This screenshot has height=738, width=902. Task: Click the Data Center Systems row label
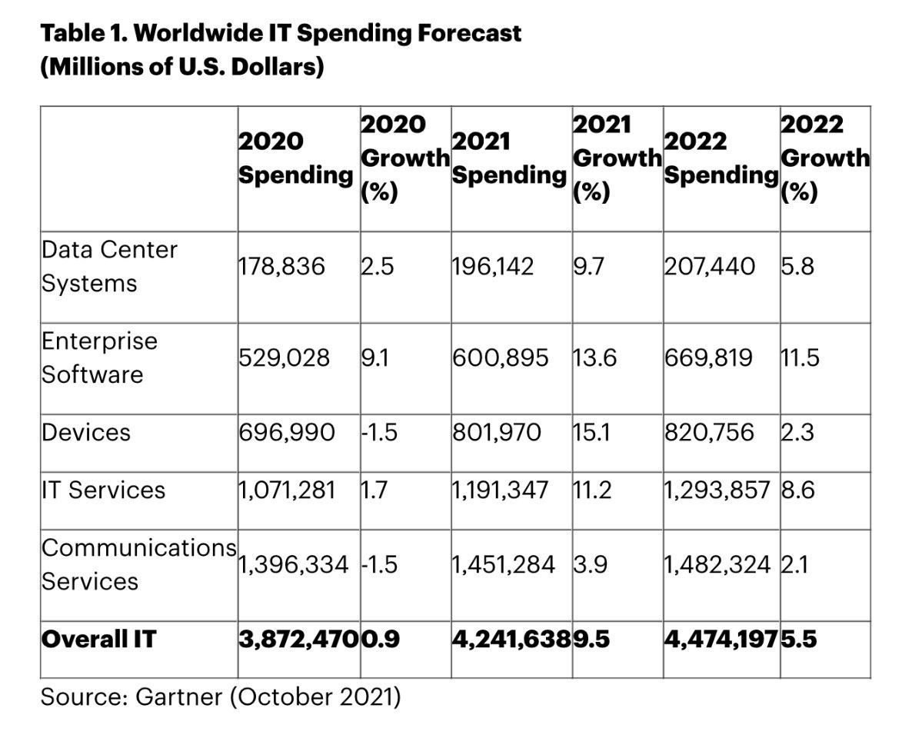(109, 267)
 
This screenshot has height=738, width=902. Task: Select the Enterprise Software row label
(98, 357)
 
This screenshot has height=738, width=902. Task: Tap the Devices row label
(86, 432)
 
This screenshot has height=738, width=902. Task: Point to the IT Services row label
(103, 490)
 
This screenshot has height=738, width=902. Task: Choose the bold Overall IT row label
(98, 639)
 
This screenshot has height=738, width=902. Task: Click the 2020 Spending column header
(295, 158)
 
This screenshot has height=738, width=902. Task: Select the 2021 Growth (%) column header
(617, 158)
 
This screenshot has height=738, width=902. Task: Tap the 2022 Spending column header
(720, 158)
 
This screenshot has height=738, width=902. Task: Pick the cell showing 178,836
(281, 267)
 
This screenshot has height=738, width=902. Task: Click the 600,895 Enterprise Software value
(500, 357)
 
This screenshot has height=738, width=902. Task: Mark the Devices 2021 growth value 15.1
(591, 432)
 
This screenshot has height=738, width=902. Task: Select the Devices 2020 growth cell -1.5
(378, 432)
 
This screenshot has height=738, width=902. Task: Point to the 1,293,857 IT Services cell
(716, 490)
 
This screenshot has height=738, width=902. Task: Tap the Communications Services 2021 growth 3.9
(591, 564)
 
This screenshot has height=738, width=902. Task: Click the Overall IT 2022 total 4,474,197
(721, 639)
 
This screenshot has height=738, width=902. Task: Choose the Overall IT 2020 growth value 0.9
(381, 639)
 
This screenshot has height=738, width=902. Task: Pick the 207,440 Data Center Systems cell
(709, 267)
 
